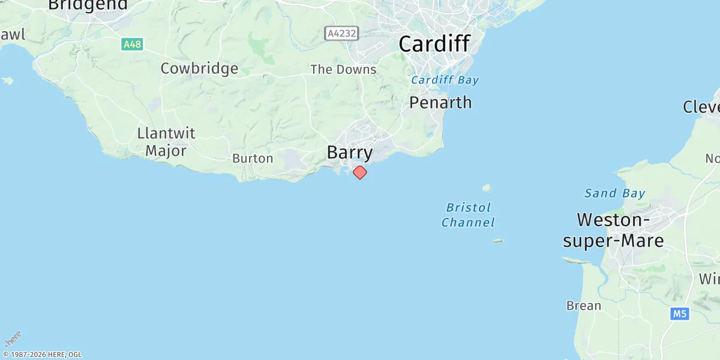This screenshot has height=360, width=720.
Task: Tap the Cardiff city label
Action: (434, 44)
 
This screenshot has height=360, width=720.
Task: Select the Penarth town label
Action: (440, 103)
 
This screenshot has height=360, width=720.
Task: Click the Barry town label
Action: (350, 152)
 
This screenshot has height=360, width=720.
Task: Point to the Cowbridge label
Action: (199, 68)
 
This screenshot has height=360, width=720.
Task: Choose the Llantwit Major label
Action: (166, 142)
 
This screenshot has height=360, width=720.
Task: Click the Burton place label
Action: (253, 159)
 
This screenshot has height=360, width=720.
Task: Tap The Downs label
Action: (343, 70)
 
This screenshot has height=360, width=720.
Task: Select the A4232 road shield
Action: (341, 34)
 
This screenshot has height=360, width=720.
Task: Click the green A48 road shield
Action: (132, 44)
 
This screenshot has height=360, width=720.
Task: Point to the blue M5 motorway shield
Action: (679, 313)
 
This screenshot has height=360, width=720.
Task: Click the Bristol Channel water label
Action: (469, 215)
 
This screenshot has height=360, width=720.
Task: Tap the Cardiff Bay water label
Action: (445, 80)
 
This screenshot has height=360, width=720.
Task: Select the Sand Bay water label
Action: (615, 193)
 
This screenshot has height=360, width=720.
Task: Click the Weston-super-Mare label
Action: (613, 230)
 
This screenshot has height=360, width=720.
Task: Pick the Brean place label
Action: (584, 305)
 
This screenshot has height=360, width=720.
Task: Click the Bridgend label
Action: (88, 5)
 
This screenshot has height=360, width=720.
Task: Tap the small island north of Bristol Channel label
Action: (487, 187)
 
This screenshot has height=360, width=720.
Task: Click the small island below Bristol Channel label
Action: (498, 241)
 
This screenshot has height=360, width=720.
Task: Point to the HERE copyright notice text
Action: (42, 355)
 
